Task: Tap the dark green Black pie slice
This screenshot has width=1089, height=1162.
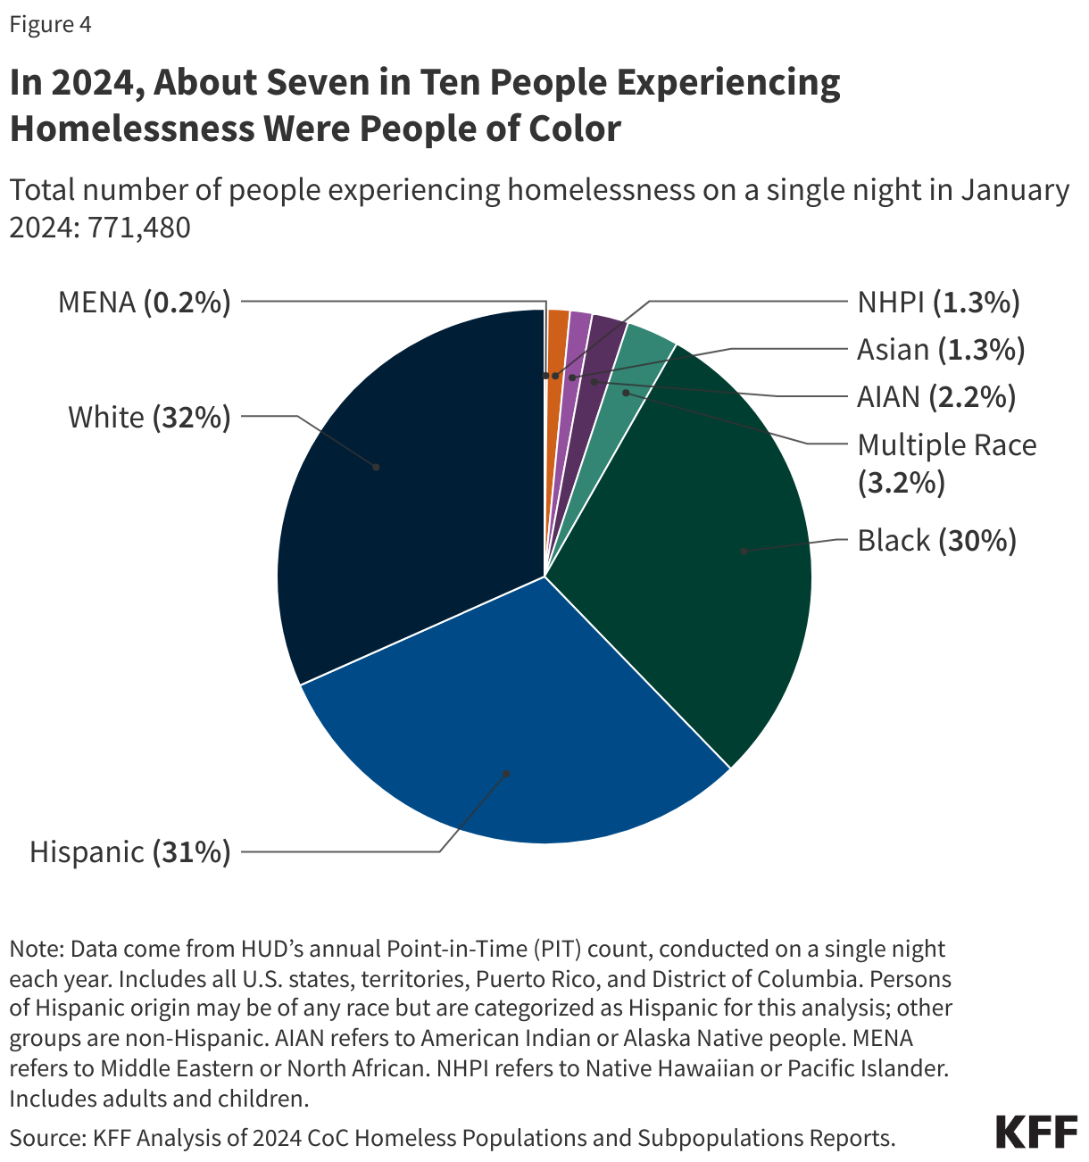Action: (x=705, y=553)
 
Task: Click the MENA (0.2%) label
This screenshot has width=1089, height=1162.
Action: (x=144, y=303)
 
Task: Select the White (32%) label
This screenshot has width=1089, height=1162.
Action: (x=149, y=417)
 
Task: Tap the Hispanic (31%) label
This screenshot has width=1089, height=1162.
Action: (x=130, y=851)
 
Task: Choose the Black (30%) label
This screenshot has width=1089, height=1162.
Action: (x=936, y=540)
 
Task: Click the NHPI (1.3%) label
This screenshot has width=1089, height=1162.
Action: (x=938, y=303)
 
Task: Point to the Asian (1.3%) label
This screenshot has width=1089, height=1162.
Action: (x=941, y=349)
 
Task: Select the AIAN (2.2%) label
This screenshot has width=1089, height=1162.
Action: (x=936, y=396)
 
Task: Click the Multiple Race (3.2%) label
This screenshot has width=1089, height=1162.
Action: (x=946, y=462)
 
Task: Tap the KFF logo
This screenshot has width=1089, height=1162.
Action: (x=1035, y=1132)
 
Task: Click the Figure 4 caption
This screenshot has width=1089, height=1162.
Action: (x=50, y=24)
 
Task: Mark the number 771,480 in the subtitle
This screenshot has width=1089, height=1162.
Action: (x=138, y=228)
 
